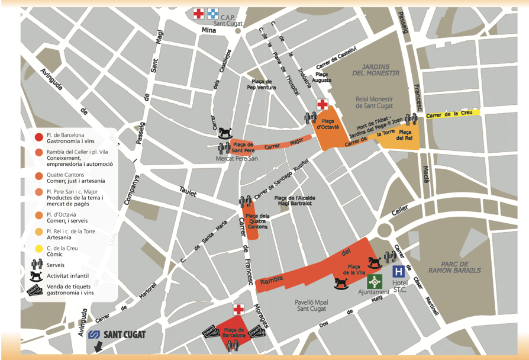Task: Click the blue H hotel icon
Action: click(399, 271)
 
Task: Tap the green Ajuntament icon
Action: click(374, 281)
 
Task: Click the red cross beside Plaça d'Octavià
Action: click(322, 105)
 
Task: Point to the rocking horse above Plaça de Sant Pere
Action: click(225, 131)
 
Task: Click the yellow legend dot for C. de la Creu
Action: click(38, 249)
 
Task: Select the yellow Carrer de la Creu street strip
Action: click(450, 112)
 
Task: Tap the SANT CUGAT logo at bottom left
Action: click(117, 335)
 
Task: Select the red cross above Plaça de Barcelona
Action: click(238, 310)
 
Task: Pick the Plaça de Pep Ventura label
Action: click(262, 85)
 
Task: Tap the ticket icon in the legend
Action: click(36, 290)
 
